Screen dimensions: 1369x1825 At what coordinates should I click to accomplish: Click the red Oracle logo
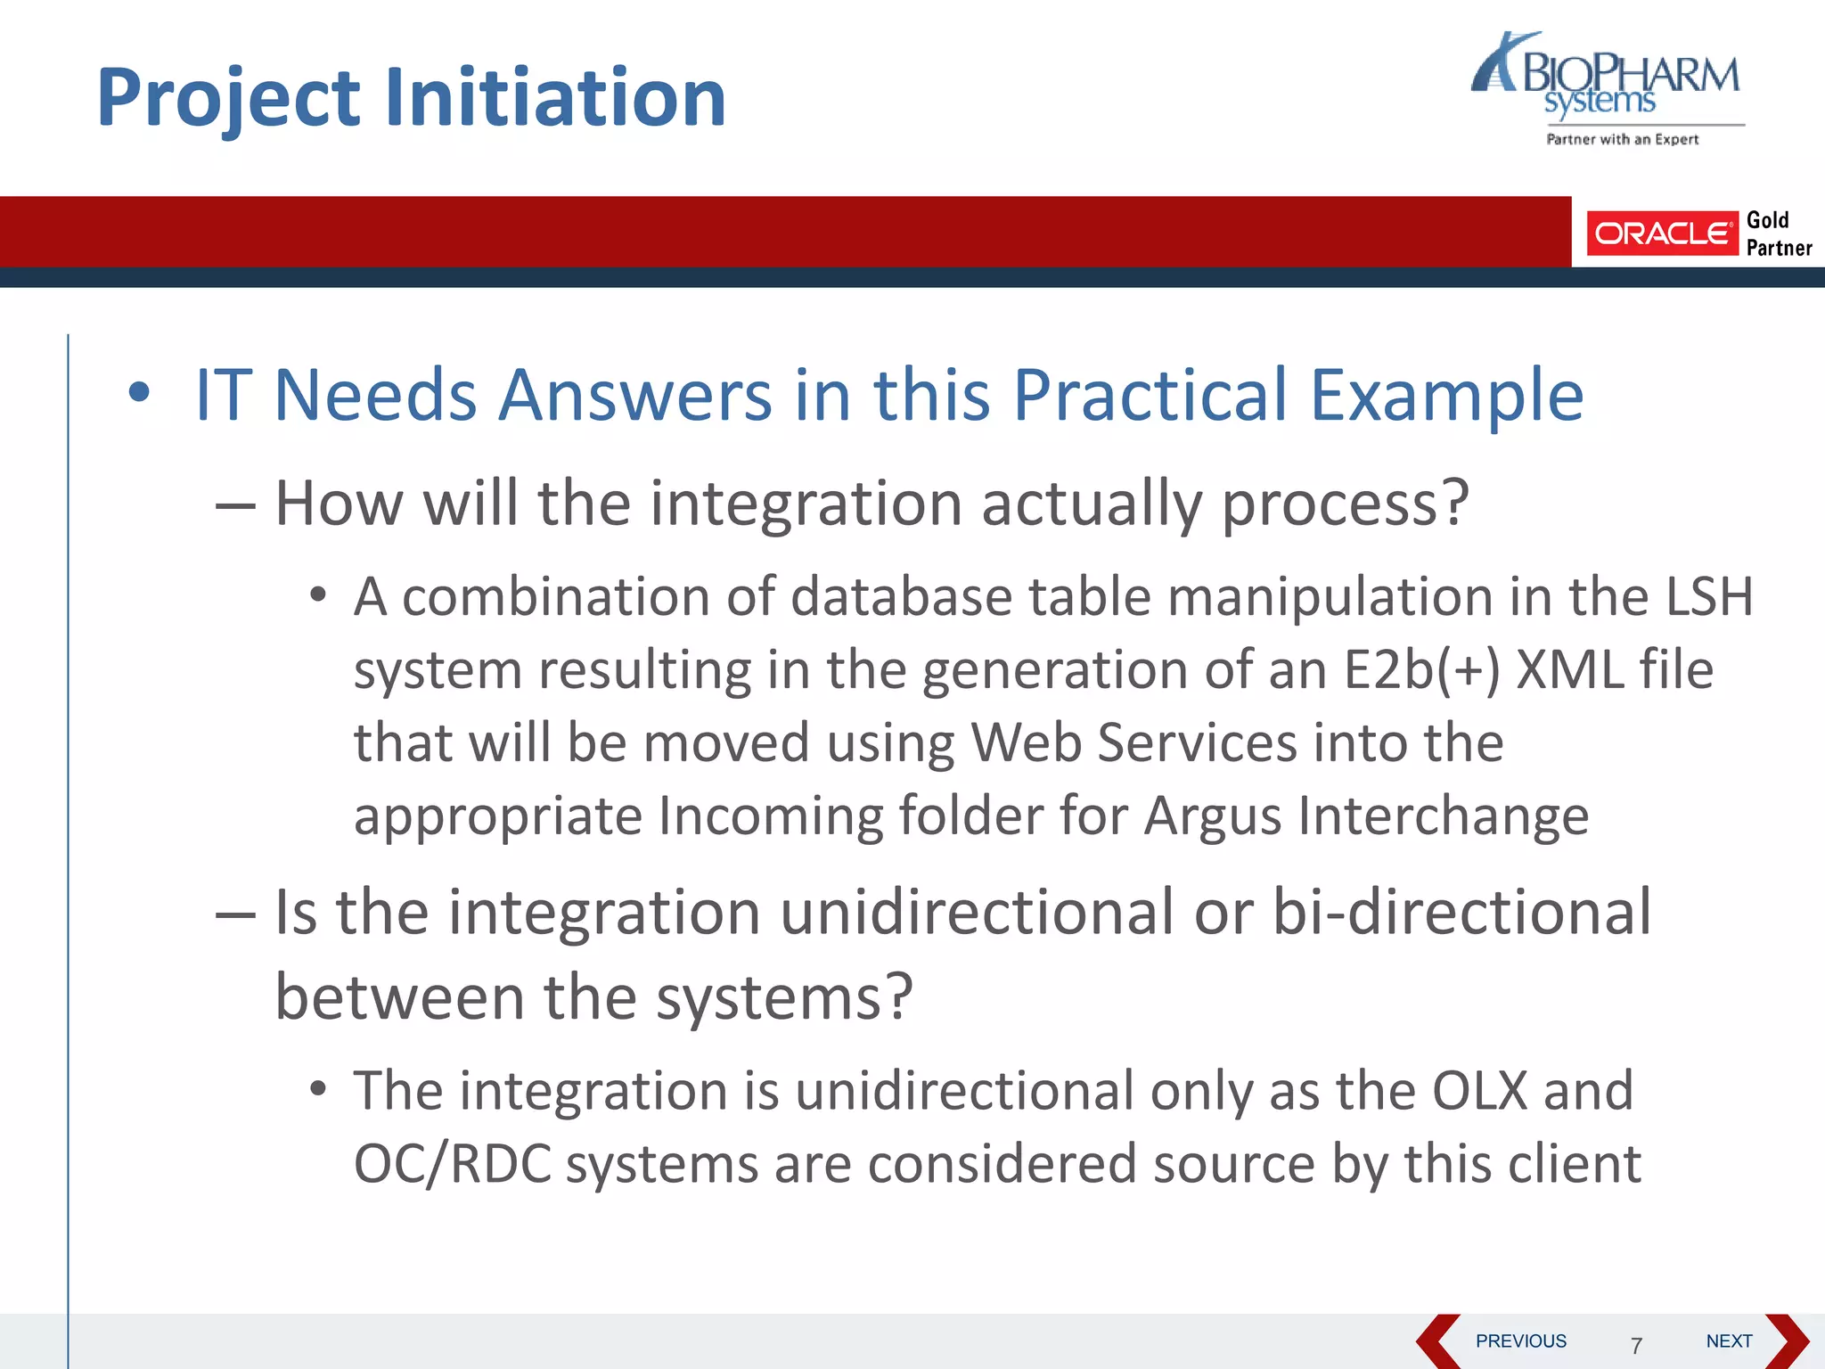(x=1662, y=234)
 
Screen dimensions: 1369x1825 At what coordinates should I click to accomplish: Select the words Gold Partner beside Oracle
(x=1778, y=234)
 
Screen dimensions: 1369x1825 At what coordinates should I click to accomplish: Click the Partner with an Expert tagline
(x=1622, y=139)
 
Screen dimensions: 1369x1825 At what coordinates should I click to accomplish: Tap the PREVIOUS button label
(x=1520, y=1340)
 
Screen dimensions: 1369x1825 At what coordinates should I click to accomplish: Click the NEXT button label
(x=1728, y=1340)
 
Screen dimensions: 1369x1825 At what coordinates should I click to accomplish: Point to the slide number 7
(x=1636, y=1345)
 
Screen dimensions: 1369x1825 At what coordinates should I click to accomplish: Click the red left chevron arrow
(x=1436, y=1340)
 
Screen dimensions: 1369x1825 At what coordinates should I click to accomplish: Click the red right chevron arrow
(x=1788, y=1340)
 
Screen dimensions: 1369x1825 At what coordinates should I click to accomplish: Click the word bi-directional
(x=1461, y=912)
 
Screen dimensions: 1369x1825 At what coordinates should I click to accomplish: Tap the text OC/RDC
(x=452, y=1164)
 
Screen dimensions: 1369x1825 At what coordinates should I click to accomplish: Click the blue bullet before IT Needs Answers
(x=139, y=392)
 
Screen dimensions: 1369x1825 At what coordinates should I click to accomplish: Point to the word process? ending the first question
(x=1345, y=504)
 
